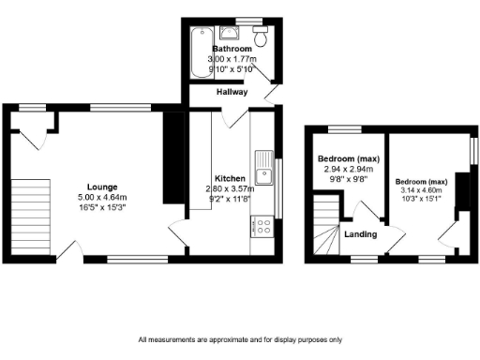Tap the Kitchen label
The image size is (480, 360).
[x=231, y=178]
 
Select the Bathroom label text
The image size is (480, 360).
[x=232, y=48]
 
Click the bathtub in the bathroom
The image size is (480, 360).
[x=199, y=52]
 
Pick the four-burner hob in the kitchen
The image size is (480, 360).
[x=263, y=226]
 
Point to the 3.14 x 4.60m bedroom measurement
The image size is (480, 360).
[x=421, y=190]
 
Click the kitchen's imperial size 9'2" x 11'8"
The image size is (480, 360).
[x=230, y=199]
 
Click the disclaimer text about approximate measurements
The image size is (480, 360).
[x=239, y=339]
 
